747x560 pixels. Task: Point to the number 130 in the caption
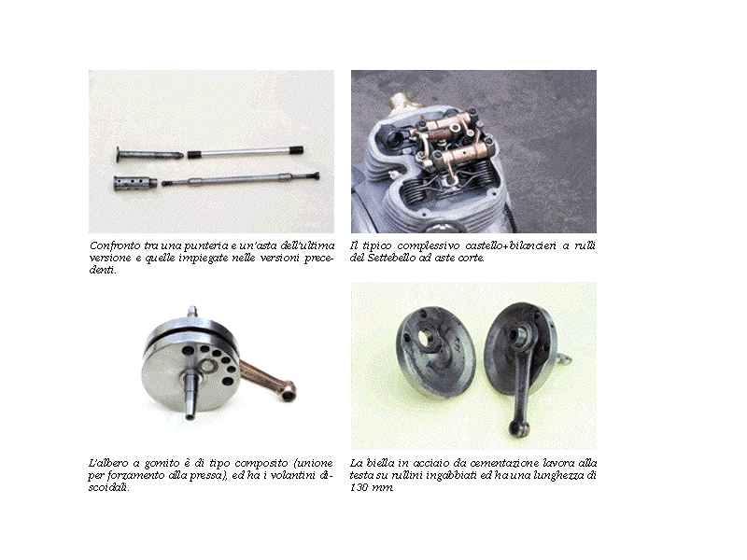click(359, 487)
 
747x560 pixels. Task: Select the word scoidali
click(108, 487)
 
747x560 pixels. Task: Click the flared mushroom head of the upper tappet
click(120, 155)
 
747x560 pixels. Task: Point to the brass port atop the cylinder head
click(401, 101)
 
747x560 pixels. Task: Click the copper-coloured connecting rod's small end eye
click(288, 392)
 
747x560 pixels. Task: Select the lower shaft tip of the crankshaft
click(190, 415)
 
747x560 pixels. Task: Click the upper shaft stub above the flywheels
click(192, 313)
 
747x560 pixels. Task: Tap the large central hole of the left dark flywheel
click(424, 338)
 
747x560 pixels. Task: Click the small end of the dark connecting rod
click(515, 427)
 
